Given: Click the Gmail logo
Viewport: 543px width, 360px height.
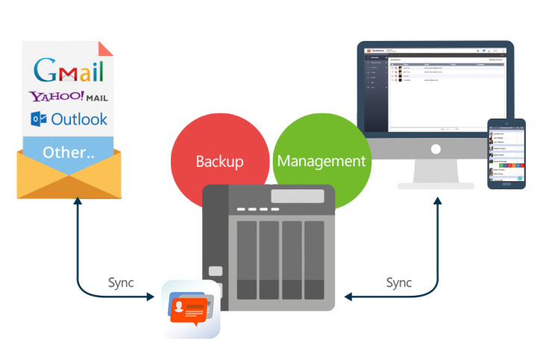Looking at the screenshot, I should tap(69, 70).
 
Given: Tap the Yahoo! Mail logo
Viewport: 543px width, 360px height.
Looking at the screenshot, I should tap(68, 97).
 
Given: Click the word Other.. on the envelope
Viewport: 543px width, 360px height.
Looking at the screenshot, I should tap(69, 153).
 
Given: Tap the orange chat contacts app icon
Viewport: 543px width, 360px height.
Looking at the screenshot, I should tap(192, 309).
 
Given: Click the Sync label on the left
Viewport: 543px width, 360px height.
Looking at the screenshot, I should tap(121, 282).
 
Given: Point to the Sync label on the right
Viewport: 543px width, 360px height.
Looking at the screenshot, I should tap(399, 282).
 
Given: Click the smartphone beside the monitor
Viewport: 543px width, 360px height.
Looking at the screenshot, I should tap(506, 153).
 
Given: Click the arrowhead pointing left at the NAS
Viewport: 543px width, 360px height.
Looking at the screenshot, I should tap(348, 297).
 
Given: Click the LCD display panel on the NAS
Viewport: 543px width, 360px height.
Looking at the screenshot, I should tap(298, 197).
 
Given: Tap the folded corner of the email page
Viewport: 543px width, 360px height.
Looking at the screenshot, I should tap(107, 48).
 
